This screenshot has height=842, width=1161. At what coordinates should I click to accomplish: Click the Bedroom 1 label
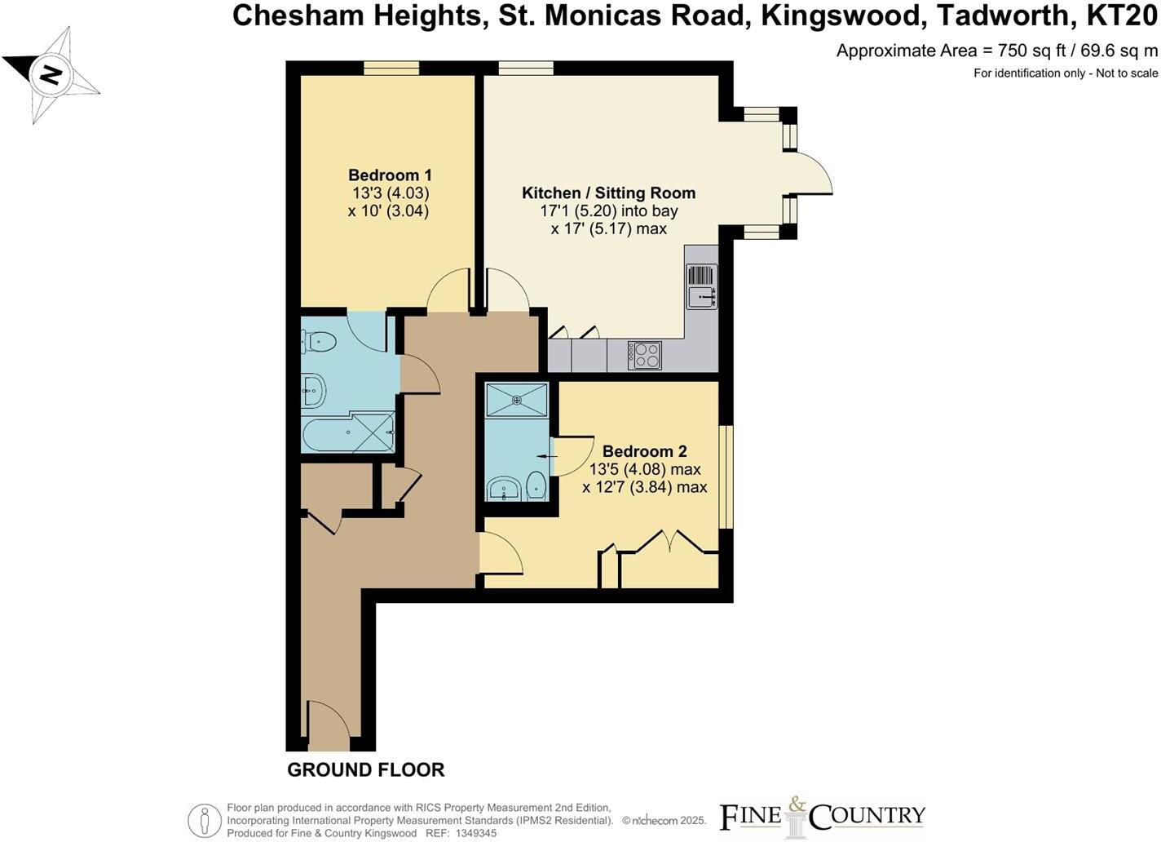click(390, 175)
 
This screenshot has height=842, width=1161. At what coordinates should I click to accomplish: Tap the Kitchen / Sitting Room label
click(608, 193)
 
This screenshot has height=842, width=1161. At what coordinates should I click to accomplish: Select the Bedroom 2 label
click(644, 451)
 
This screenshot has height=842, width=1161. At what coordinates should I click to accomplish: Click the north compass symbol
click(51, 75)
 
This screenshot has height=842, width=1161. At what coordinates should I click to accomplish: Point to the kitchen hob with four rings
click(644, 356)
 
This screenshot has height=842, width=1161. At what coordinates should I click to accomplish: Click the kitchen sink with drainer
click(701, 286)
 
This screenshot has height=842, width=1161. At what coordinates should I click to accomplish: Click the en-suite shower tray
click(517, 400)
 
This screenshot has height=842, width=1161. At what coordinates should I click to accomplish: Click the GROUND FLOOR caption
click(365, 769)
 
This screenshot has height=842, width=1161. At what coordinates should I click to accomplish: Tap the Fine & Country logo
click(822, 815)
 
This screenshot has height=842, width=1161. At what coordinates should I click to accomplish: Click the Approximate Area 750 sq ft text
click(996, 51)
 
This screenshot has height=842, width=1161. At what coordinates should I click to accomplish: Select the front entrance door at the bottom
click(329, 726)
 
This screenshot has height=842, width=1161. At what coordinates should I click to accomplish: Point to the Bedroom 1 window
click(391, 69)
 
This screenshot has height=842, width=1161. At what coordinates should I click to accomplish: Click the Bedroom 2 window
click(726, 477)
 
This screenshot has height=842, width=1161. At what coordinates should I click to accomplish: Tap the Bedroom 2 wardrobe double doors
click(669, 543)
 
